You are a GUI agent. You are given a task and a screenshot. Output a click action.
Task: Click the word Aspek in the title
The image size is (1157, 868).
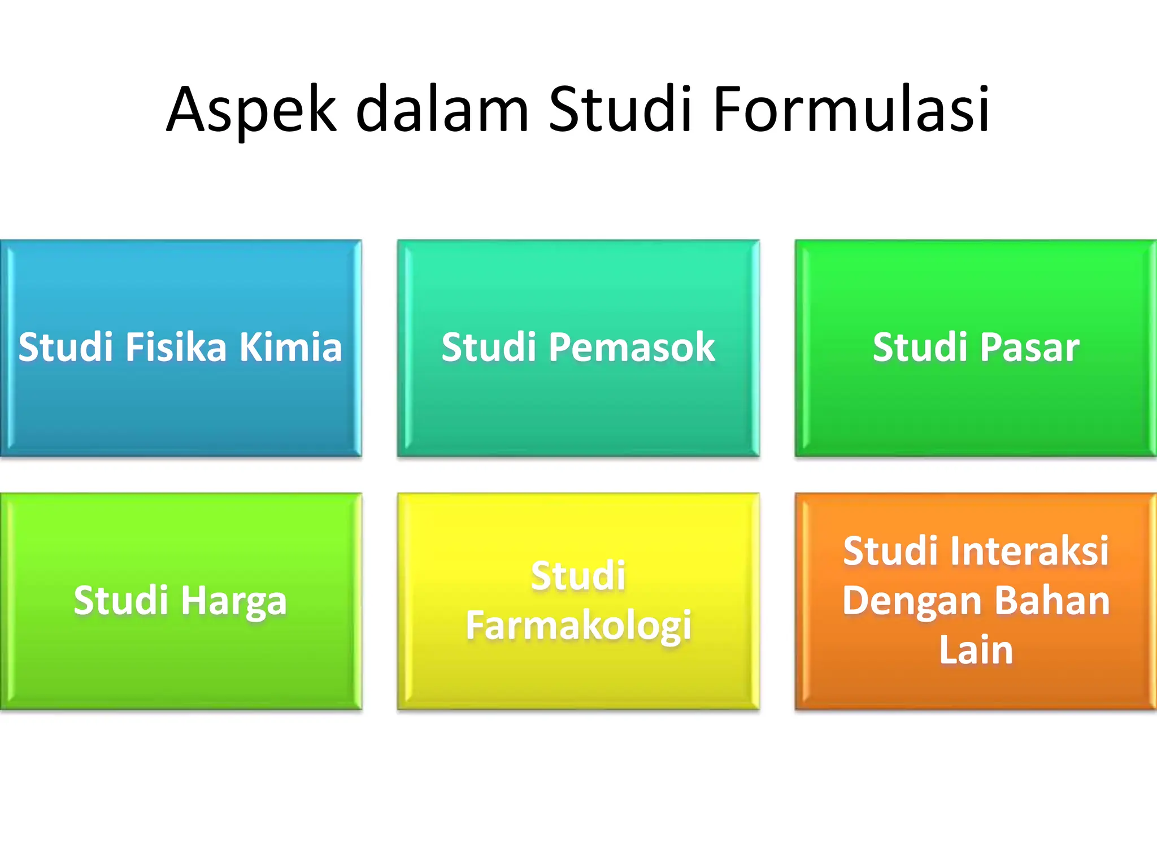(251, 110)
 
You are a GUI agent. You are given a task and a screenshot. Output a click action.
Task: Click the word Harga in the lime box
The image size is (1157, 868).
(234, 601)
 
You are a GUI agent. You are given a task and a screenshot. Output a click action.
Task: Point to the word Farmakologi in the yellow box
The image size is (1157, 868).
(578, 626)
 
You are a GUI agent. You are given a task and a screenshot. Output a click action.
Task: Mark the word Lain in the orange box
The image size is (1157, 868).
(976, 650)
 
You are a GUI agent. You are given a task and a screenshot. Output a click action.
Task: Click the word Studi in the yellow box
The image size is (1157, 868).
(578, 576)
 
